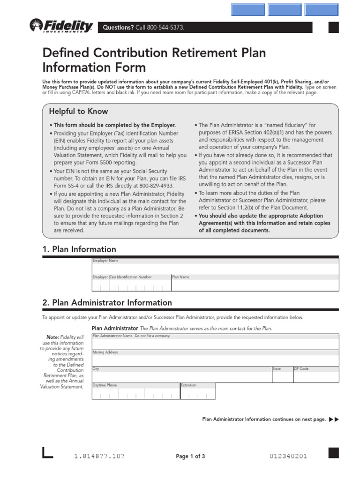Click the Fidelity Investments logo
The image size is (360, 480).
(61, 26)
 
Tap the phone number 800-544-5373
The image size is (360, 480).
(163, 28)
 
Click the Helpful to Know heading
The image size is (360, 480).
(78, 112)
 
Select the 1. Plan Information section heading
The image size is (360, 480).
(79, 249)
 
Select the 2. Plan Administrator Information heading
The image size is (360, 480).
(107, 303)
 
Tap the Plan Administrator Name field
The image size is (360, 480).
(215, 344)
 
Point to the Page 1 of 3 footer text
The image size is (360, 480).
(190, 457)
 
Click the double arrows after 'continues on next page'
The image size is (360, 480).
(334, 419)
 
